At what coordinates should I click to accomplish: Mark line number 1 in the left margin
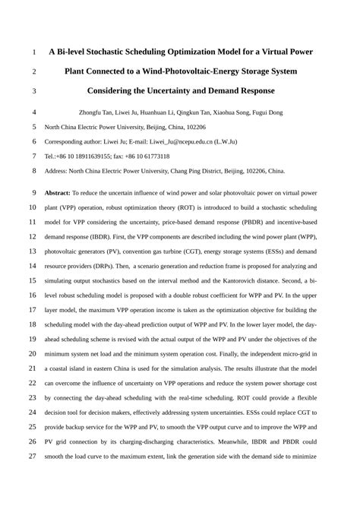35,53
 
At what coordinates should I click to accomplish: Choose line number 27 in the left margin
33,457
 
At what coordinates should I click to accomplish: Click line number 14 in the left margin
33,266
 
